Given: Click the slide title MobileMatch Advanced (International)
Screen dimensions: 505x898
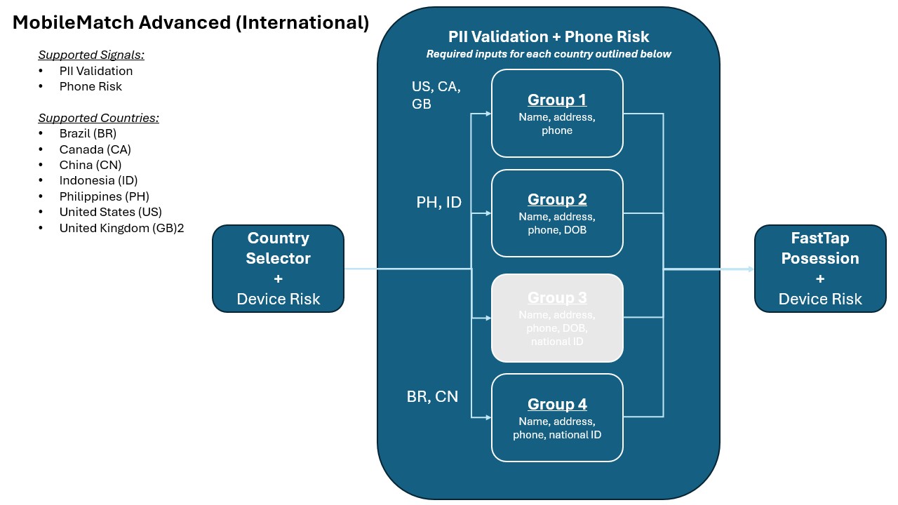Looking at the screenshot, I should pyautogui.click(x=191, y=22).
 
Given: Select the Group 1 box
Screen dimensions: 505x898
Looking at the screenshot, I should pyautogui.click(x=557, y=113).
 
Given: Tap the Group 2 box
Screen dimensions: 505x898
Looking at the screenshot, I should pyautogui.click(x=557, y=213).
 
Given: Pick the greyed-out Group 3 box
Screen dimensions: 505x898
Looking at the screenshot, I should pyautogui.click(x=557, y=318).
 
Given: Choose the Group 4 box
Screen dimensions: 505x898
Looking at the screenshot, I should pyautogui.click(x=557, y=417).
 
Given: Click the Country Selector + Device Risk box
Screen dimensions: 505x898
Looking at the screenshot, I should pyautogui.click(x=278, y=269).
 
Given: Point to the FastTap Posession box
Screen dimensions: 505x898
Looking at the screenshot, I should pyautogui.click(x=819, y=269).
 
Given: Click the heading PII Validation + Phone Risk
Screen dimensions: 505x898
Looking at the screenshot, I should pyautogui.click(x=549, y=37).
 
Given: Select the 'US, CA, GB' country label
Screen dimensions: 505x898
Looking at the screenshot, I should pyautogui.click(x=436, y=95).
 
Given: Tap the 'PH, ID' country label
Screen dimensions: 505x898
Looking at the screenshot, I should pyautogui.click(x=438, y=203).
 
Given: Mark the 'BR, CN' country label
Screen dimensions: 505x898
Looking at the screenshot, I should pyautogui.click(x=432, y=396).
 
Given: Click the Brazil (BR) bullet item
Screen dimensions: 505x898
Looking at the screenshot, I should pyautogui.click(x=88, y=133).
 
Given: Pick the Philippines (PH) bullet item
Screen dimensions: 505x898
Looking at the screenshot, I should pyautogui.click(x=104, y=196).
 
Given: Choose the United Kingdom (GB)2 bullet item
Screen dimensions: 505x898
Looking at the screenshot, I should pyautogui.click(x=121, y=228).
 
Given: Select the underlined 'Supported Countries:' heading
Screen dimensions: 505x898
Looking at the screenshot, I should pyautogui.click(x=98, y=118).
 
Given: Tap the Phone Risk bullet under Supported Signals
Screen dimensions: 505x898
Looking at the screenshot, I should pyautogui.click(x=91, y=86).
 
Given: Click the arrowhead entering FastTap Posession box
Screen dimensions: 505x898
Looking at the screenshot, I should pyautogui.click(x=750, y=269).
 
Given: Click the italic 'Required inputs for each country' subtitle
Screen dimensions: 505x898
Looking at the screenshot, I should pyautogui.click(x=549, y=54).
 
